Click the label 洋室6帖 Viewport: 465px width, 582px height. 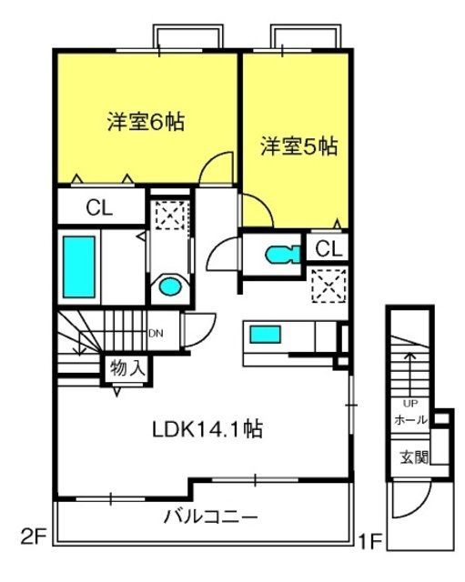(x=146, y=121)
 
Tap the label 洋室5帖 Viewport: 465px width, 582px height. (x=299, y=145)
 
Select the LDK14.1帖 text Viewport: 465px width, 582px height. (x=207, y=429)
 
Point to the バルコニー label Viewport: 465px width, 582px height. (x=210, y=517)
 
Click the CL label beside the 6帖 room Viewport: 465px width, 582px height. (x=99, y=208)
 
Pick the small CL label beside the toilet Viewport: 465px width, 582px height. (x=329, y=248)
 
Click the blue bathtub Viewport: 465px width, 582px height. (x=79, y=266)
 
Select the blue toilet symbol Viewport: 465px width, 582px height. (x=283, y=255)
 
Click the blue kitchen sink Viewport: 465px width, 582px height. (x=265, y=334)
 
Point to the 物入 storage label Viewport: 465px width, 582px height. (x=127, y=368)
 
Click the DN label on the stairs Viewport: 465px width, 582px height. (x=156, y=334)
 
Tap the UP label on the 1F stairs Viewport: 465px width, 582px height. (x=410, y=403)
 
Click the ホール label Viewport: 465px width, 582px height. (x=410, y=420)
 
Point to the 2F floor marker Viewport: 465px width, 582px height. (x=33, y=537)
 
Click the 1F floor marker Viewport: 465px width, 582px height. (x=370, y=541)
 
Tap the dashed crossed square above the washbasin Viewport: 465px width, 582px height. (x=170, y=216)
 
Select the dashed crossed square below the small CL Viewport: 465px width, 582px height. (x=329, y=286)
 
